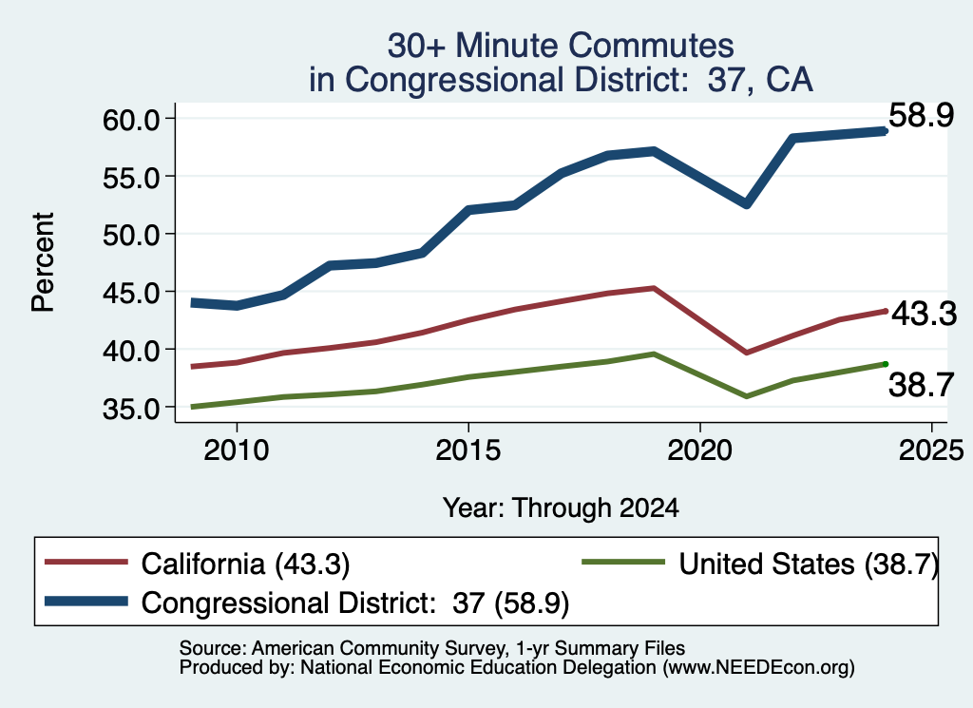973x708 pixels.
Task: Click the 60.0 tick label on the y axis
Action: click(131, 119)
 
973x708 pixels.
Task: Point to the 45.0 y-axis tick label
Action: click(131, 293)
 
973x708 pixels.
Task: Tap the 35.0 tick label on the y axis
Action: click(131, 409)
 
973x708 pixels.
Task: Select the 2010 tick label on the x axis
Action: click(237, 450)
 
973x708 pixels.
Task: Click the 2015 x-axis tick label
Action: click(467, 450)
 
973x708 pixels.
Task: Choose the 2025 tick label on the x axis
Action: click(931, 450)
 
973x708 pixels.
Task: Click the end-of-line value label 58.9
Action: click(921, 115)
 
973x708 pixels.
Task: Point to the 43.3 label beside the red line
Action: click(924, 314)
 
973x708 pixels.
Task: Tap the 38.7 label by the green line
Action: click(921, 385)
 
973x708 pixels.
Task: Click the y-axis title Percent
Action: click(44, 262)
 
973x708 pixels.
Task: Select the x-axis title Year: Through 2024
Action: click(561, 507)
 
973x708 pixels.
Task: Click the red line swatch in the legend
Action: click(86, 563)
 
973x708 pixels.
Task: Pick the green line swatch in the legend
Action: click(623, 563)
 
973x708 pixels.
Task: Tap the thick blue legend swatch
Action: click(86, 602)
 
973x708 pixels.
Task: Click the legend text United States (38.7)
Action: click(809, 564)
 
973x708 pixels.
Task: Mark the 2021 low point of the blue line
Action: click(747, 204)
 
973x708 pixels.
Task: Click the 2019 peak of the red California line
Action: click(654, 288)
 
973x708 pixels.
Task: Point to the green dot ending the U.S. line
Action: click(886, 364)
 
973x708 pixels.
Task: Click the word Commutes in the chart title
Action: click(651, 46)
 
